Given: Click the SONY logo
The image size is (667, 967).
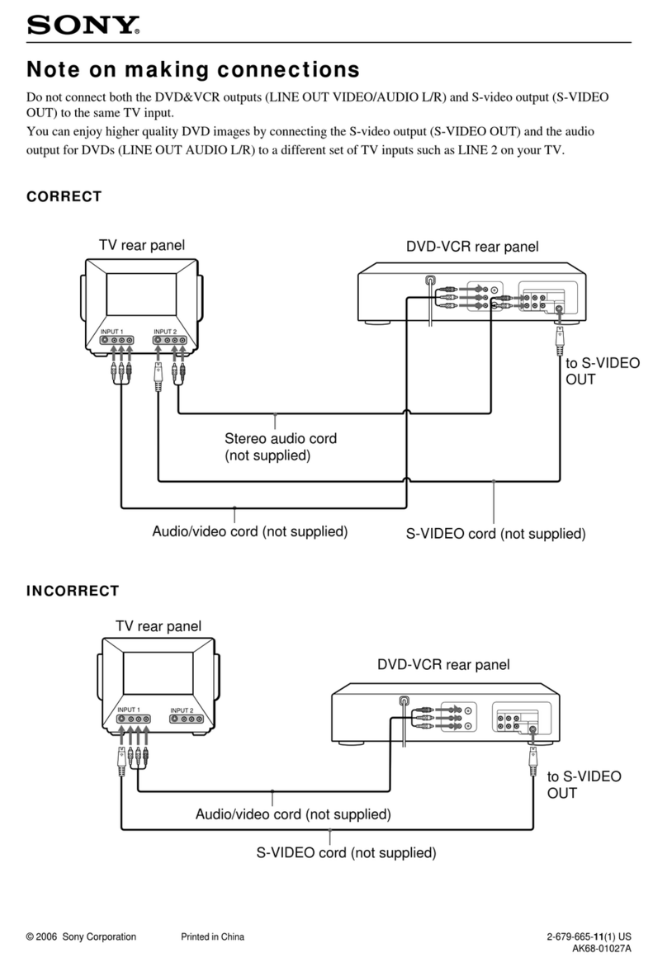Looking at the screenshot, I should click(x=83, y=26).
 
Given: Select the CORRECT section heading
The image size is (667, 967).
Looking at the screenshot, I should click(x=64, y=196).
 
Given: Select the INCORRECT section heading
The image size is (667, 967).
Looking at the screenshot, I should click(x=73, y=591).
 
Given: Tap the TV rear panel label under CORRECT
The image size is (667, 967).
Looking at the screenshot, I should click(x=142, y=245).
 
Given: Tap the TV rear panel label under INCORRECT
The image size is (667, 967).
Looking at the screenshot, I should click(x=158, y=626).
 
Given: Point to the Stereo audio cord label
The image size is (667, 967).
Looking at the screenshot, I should click(x=281, y=446).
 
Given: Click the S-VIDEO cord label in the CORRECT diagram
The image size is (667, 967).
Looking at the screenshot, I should click(x=495, y=534).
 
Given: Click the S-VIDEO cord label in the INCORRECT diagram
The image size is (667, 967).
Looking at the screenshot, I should click(x=345, y=852).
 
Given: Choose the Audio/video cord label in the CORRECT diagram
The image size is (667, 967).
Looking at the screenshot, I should click(x=249, y=531).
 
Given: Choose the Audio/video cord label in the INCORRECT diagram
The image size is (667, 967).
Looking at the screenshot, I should click(x=292, y=814).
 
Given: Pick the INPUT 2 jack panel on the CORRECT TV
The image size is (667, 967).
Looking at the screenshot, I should click(x=171, y=339).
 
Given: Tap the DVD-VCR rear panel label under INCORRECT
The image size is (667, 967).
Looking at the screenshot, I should click(x=443, y=664).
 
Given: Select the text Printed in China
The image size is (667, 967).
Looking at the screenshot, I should click(x=212, y=936).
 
